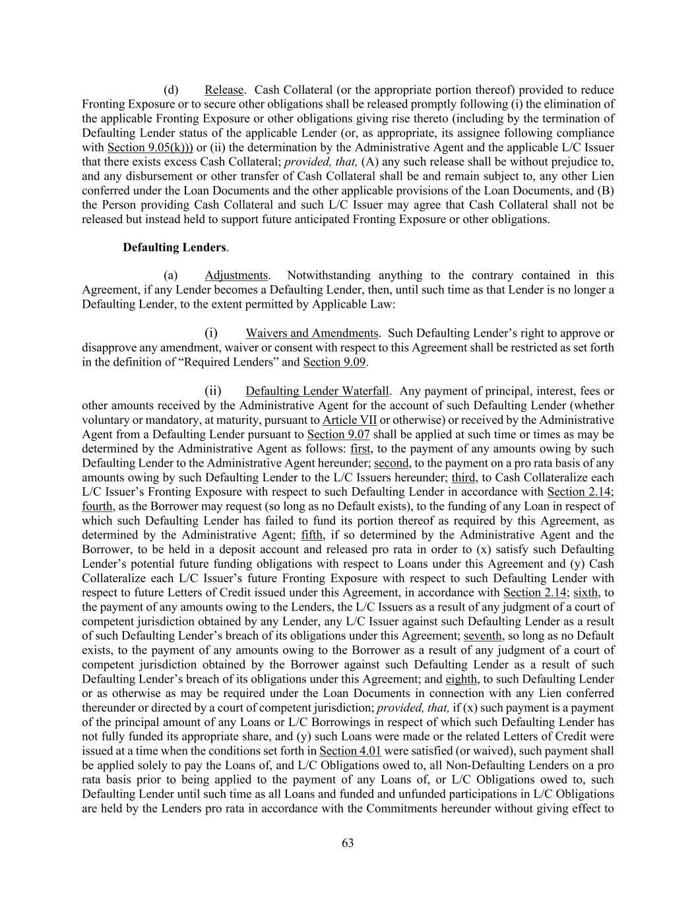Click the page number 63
[x=348, y=843]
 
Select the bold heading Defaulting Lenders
[x=174, y=248]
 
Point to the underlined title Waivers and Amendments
[x=311, y=333]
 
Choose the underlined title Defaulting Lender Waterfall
[x=317, y=391]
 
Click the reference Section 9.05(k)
[x=150, y=147]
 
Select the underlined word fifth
[x=313, y=535]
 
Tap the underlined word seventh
[x=484, y=636]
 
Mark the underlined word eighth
[x=461, y=679]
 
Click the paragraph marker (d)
[x=171, y=90]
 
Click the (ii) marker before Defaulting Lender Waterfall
[x=212, y=391]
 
